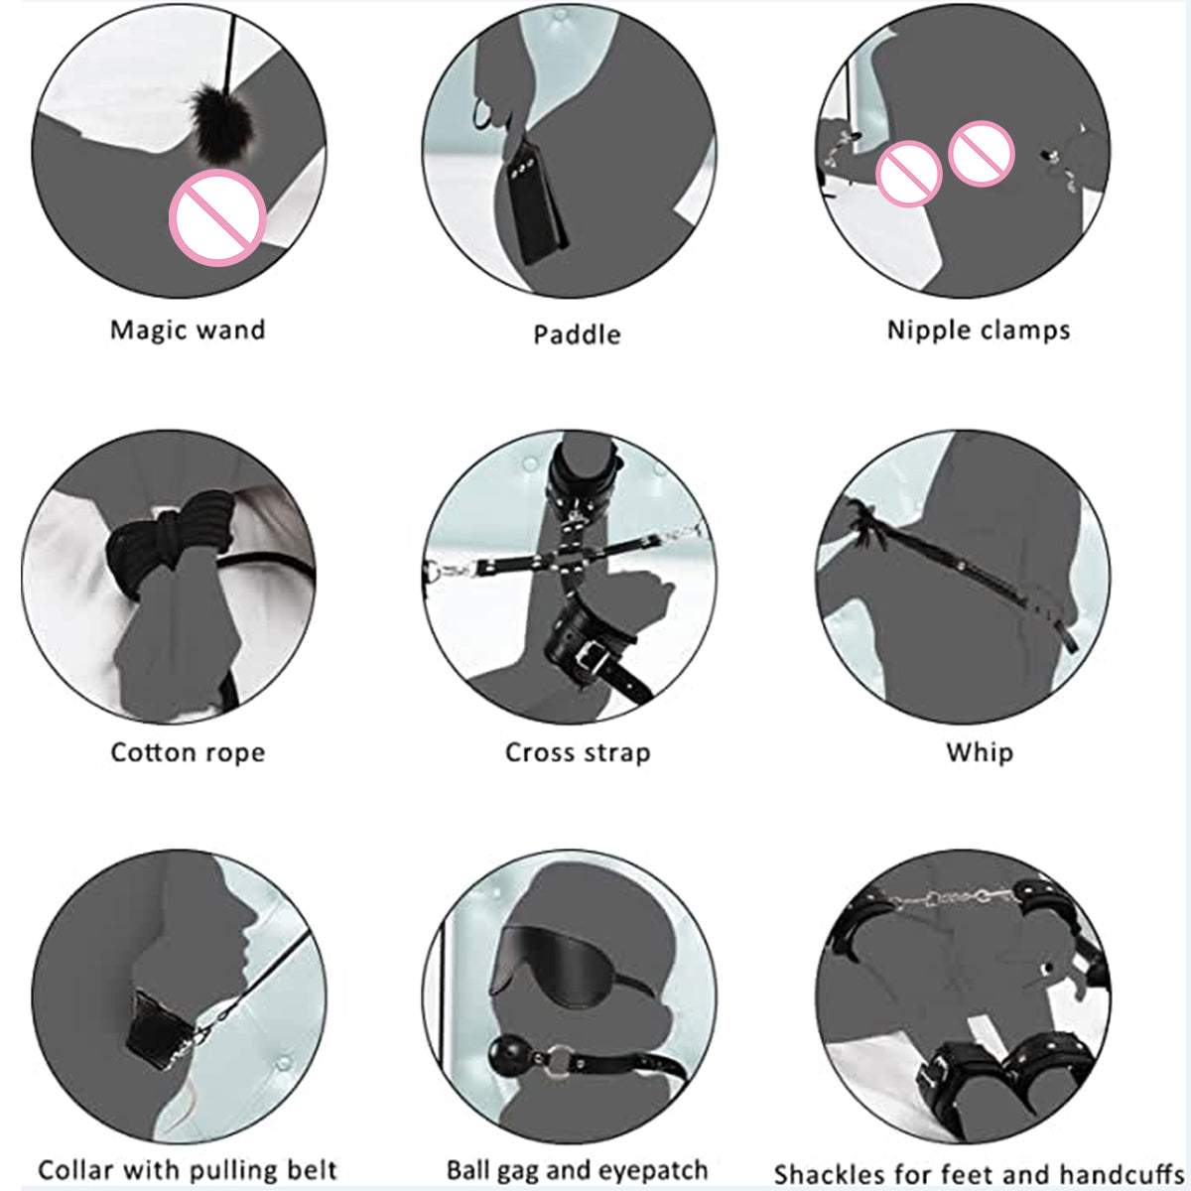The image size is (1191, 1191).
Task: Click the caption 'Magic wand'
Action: [188, 330]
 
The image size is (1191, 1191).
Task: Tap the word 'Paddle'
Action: [578, 334]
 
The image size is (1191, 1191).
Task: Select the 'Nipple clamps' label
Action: [979, 331]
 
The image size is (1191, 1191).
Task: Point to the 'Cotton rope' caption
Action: [188, 752]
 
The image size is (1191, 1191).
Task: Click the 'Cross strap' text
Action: [578, 752]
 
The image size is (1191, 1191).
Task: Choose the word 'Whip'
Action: [980, 752]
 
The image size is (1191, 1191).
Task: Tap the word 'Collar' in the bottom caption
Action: [75, 1153]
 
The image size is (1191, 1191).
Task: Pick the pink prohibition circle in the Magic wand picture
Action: [217, 217]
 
